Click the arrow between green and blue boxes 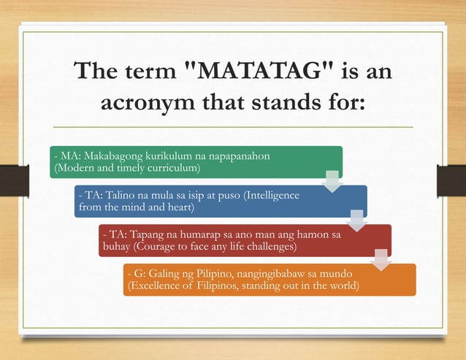[332, 180]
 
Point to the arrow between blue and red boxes [357, 220]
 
